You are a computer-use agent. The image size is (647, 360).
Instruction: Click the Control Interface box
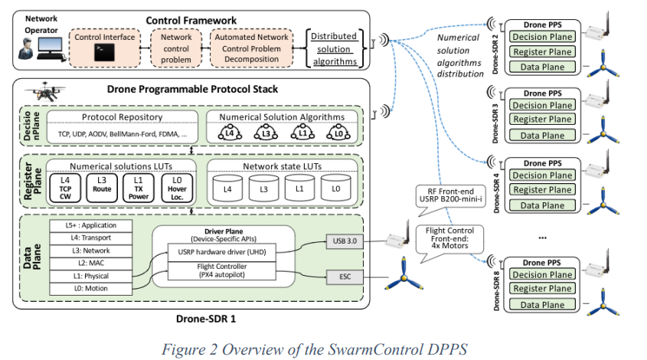tap(104, 48)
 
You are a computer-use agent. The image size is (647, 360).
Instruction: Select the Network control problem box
tap(176, 48)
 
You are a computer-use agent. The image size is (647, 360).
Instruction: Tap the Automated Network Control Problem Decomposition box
tap(251, 48)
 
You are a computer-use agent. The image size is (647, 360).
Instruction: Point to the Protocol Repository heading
tap(123, 117)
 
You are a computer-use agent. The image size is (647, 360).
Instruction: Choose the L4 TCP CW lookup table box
tap(65, 188)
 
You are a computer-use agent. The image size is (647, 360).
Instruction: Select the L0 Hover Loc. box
tap(177, 188)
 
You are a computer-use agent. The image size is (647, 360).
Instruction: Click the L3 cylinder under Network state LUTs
tap(263, 188)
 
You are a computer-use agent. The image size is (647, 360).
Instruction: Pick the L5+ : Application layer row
tap(91, 225)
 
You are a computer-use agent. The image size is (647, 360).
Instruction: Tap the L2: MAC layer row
tap(91, 263)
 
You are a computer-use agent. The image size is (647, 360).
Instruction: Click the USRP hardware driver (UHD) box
tap(221, 252)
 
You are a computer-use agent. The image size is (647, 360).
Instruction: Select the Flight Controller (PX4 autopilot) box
tap(221, 270)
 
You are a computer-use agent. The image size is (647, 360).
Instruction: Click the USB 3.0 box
tap(345, 241)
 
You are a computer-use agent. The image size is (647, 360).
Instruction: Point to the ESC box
tap(345, 277)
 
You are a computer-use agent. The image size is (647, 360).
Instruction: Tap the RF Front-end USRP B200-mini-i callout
tap(449, 197)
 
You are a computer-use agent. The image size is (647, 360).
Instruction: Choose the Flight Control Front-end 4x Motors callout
tap(449, 240)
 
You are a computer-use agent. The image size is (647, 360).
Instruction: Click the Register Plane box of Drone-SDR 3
tap(542, 119)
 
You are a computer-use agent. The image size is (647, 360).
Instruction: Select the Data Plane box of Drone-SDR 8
tap(542, 305)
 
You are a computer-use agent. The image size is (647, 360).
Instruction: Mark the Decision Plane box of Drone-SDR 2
tap(542, 37)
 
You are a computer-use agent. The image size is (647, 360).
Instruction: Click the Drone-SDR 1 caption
tap(206, 319)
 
